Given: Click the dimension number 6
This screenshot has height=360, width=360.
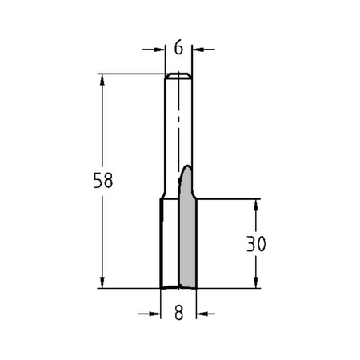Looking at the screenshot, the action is tap(178, 48).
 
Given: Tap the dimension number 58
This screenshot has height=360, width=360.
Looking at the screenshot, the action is tap(103, 180).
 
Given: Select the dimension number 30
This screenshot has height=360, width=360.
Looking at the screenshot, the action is tap(256, 244).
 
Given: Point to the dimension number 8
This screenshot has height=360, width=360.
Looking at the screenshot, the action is tap(178, 313).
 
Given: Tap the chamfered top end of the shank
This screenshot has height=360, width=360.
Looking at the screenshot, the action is tap(178, 76).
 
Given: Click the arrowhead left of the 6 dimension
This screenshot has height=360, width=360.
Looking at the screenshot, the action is tap(159, 50).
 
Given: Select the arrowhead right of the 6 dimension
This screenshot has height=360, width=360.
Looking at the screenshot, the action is tap(198, 50).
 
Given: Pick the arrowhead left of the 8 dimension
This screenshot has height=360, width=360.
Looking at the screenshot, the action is tap(155, 314).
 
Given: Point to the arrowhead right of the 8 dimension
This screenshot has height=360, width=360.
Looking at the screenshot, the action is tap(202, 314).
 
